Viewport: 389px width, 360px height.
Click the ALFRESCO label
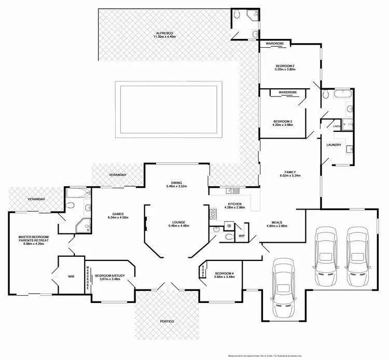pos(165,33)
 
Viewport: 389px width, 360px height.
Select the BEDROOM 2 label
pos(285,66)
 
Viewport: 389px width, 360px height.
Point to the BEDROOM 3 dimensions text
pos(282,124)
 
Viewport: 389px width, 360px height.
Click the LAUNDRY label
pos(334,145)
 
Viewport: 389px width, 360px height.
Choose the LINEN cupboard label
pos(337,127)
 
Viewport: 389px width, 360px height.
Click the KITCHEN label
pos(235,204)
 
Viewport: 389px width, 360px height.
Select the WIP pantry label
pos(242,236)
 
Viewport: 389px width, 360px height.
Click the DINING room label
pos(176,182)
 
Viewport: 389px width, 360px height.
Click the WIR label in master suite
pos(71,276)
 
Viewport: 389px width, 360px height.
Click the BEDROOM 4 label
pos(223,273)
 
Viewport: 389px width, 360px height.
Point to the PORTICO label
pos(166,322)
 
